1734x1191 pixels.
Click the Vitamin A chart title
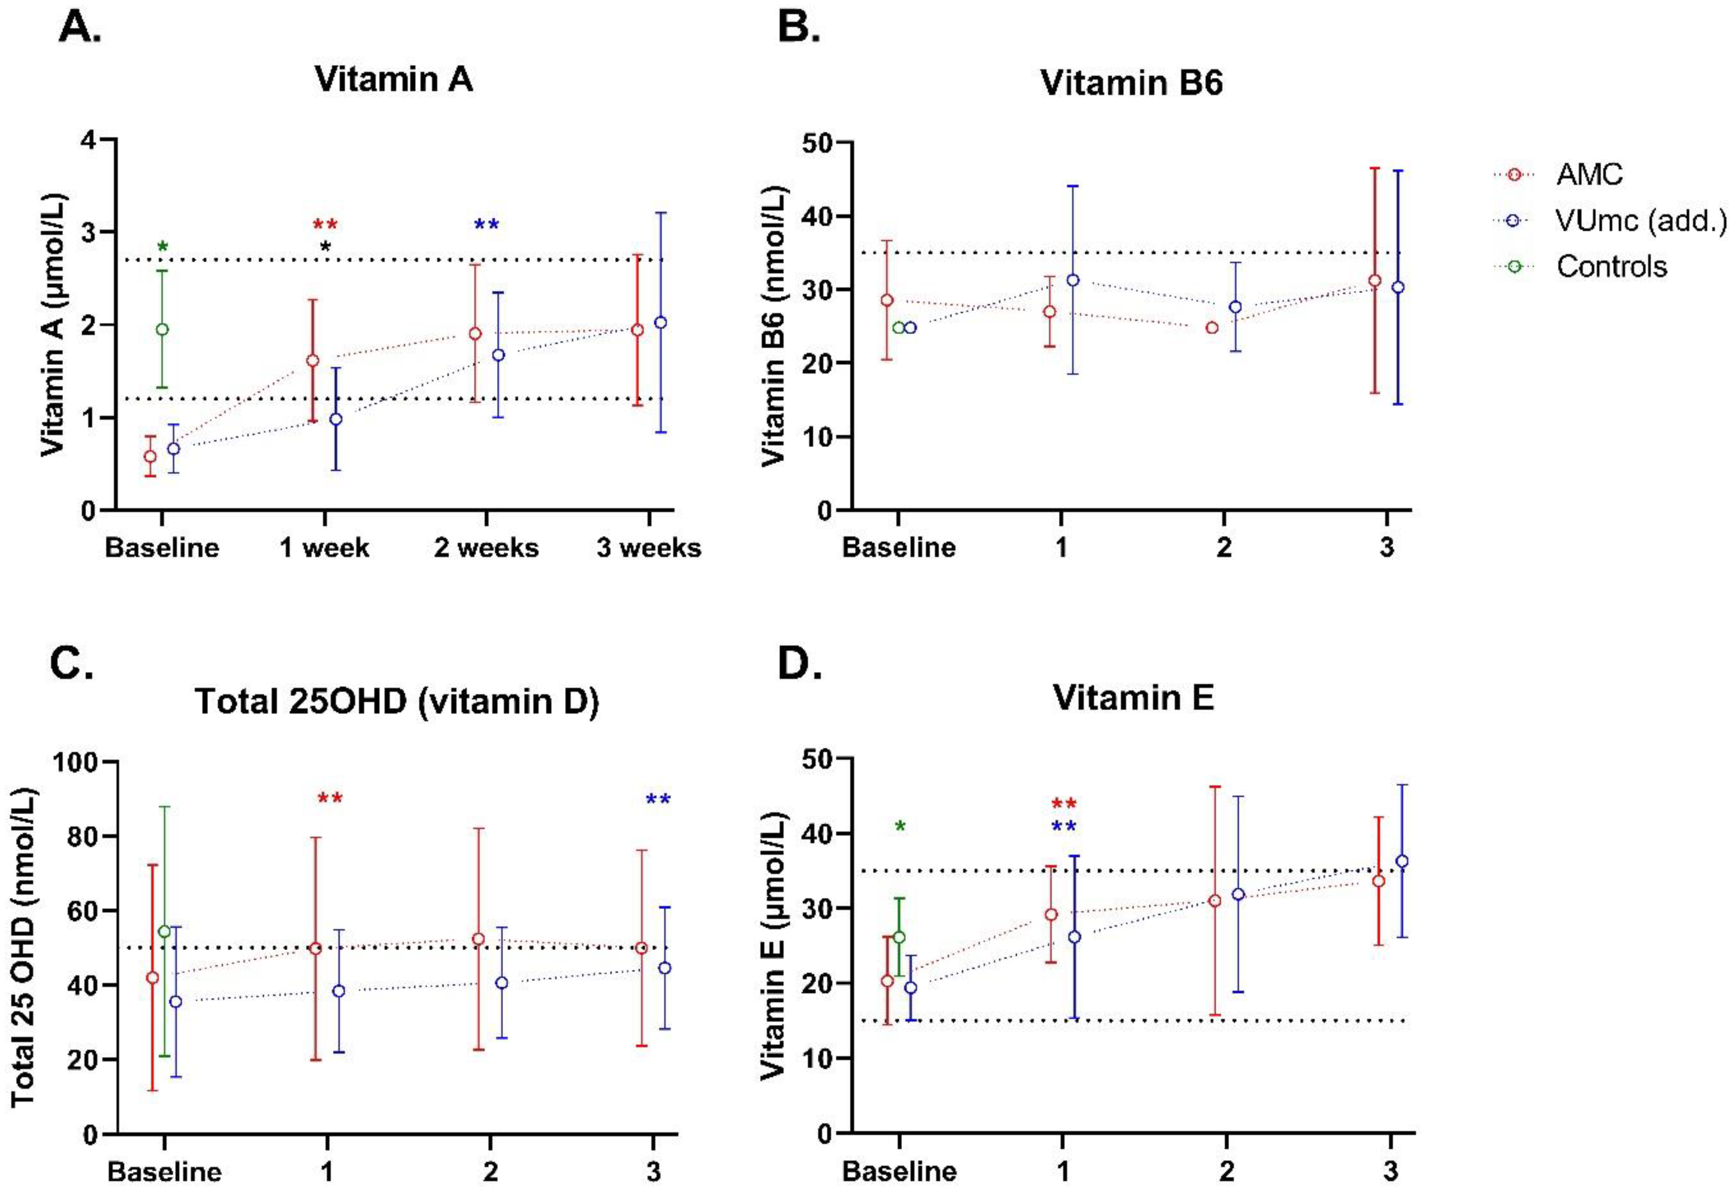tap(393, 79)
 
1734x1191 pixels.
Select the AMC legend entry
tap(1589, 175)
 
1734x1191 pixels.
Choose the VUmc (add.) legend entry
tap(1641, 220)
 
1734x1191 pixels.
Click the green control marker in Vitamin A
tap(162, 329)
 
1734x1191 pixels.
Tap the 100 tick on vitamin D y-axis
tap(78, 763)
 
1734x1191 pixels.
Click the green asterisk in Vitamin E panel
tap(900, 827)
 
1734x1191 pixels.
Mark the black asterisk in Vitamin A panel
tap(325, 247)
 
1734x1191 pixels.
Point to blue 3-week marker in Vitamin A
tap(660, 322)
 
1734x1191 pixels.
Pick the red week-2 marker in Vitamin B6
tap(1212, 328)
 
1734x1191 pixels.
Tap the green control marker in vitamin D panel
tap(164, 931)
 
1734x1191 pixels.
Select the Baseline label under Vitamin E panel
tap(899, 1171)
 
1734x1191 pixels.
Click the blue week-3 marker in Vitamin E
tap(1402, 861)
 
